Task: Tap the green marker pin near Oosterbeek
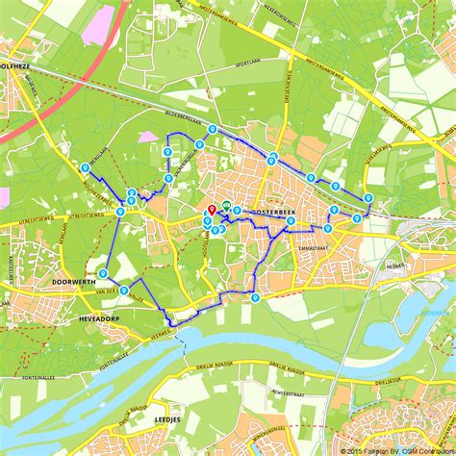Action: click(226, 206)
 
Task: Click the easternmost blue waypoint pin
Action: click(368, 198)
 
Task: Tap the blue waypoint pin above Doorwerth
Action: click(102, 274)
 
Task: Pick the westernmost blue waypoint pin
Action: click(86, 167)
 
